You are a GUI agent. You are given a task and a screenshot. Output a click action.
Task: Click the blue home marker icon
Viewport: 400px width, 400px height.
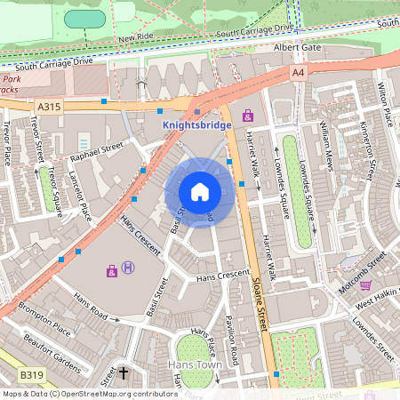pyautogui.click(x=200, y=191)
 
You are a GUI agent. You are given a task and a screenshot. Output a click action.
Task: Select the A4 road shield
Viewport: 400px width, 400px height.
pyautogui.click(x=297, y=72)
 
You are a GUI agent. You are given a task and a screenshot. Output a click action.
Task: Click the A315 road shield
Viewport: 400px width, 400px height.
pyautogui.click(x=49, y=106)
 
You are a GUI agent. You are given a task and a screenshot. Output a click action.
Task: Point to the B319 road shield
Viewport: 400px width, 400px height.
pyautogui.click(x=32, y=376)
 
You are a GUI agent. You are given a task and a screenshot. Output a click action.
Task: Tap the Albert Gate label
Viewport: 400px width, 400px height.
pyautogui.click(x=295, y=47)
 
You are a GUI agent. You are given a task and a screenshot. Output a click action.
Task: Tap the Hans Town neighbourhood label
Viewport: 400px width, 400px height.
pyautogui.click(x=197, y=365)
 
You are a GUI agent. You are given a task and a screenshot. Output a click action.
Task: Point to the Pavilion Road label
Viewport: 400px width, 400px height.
pyautogui.click(x=232, y=340)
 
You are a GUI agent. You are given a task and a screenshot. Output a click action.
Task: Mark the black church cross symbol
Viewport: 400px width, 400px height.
pyautogui.click(x=124, y=373)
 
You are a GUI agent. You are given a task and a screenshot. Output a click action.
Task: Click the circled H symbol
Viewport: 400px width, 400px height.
pyautogui.click(x=129, y=267)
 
